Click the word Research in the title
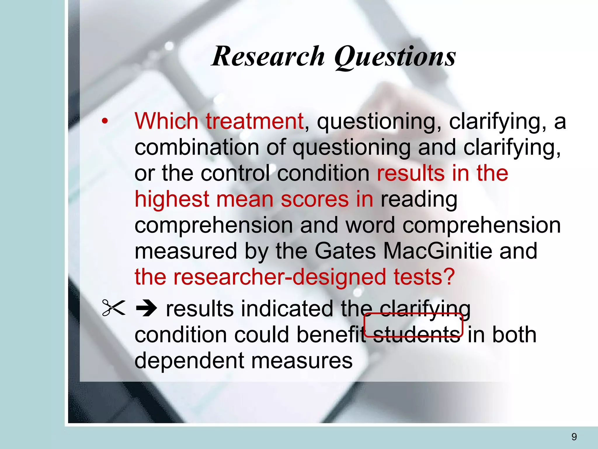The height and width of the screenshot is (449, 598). click(x=268, y=56)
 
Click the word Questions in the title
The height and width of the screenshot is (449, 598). click(x=395, y=57)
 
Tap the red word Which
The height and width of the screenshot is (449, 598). click(x=166, y=121)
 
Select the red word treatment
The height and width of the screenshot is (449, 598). click(x=255, y=121)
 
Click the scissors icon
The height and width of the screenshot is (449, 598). click(x=114, y=308)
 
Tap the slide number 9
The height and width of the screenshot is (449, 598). click(x=574, y=437)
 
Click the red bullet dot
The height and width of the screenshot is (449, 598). click(x=105, y=121)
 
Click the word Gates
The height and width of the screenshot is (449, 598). click(x=345, y=251)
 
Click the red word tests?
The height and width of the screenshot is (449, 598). click(x=424, y=277)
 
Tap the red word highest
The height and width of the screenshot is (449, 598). click(x=172, y=199)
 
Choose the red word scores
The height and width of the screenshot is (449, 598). click(x=314, y=199)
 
